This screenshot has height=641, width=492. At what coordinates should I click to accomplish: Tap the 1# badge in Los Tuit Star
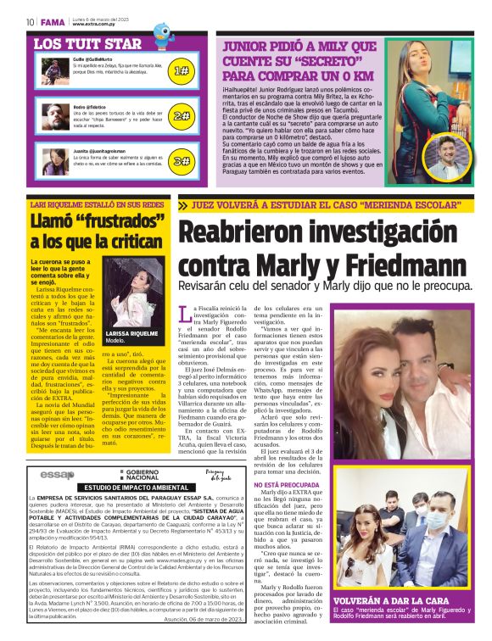tap(181, 72)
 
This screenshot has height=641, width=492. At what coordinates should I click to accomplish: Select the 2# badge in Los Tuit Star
tap(181, 116)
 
